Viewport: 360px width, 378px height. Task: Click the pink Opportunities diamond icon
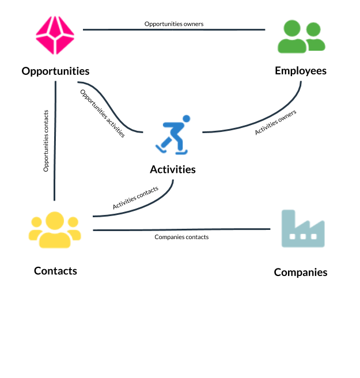55,35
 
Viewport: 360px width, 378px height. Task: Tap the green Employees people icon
301,36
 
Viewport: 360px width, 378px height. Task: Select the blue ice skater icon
173,135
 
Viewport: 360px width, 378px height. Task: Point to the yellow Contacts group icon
55,230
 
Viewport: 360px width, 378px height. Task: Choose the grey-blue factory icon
303,229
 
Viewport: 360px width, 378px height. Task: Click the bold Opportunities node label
55,71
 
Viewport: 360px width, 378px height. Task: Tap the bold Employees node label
301,71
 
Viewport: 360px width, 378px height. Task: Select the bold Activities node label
173,169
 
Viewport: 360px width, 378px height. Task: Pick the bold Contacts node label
55,271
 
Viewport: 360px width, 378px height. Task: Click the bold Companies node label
301,273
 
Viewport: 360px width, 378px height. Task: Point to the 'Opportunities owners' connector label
174,24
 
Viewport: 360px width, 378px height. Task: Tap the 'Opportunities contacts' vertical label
46,141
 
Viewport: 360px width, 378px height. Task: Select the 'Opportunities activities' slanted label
103,114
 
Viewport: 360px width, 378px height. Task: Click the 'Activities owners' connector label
275,122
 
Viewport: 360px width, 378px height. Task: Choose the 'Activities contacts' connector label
135,198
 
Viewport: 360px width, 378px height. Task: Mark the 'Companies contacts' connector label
181,237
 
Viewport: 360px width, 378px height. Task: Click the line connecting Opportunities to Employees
174,29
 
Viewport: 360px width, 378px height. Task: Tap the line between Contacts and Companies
181,229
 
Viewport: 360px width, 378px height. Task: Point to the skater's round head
186,119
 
